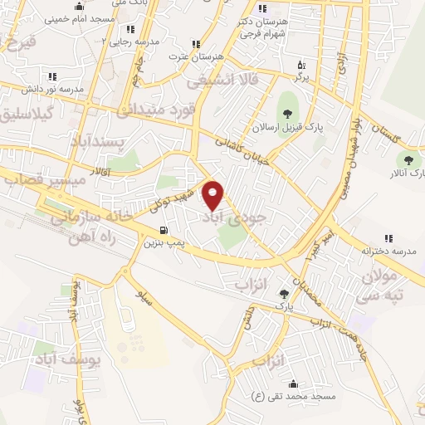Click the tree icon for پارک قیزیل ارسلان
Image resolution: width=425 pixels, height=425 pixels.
coord(288,115)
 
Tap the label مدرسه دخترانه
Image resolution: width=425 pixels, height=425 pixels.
coord(387,249)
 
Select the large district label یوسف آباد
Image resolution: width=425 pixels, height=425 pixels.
coord(71,359)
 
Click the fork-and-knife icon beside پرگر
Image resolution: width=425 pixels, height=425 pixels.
coord(300,63)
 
